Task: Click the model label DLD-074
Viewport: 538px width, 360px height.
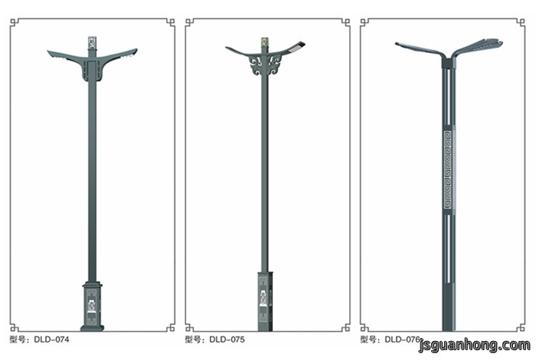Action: point(52,340)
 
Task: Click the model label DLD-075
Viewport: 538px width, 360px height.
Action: point(227,340)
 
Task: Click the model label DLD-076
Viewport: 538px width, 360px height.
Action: point(402,340)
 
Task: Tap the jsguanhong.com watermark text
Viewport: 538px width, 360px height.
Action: point(474,346)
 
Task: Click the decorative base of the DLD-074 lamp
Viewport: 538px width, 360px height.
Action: point(92,306)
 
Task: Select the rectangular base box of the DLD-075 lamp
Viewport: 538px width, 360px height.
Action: point(265,302)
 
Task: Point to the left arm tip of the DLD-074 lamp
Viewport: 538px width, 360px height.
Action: point(48,52)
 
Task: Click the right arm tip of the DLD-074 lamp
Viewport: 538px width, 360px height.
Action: point(136,51)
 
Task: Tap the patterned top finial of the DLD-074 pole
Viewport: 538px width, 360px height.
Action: point(92,43)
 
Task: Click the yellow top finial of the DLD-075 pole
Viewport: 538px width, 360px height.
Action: point(264,42)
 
